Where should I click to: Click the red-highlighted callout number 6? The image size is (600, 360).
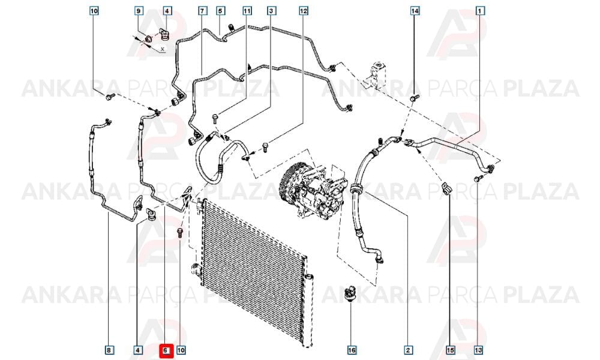[166, 350]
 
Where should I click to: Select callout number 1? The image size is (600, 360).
[479, 11]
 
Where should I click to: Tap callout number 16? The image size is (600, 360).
[352, 350]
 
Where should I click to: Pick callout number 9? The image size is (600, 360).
[139, 11]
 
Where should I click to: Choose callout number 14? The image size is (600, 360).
[415, 11]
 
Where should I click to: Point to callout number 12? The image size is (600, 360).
[304, 11]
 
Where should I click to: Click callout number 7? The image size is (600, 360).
[202, 11]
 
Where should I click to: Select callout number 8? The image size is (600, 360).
[109, 350]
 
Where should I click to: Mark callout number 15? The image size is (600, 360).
[451, 350]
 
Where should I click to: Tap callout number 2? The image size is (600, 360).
[408, 350]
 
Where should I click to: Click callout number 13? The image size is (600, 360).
[478, 350]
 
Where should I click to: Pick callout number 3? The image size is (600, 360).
[271, 11]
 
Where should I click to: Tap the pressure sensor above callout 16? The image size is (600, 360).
[350, 293]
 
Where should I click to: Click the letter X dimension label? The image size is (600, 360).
[163, 49]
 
